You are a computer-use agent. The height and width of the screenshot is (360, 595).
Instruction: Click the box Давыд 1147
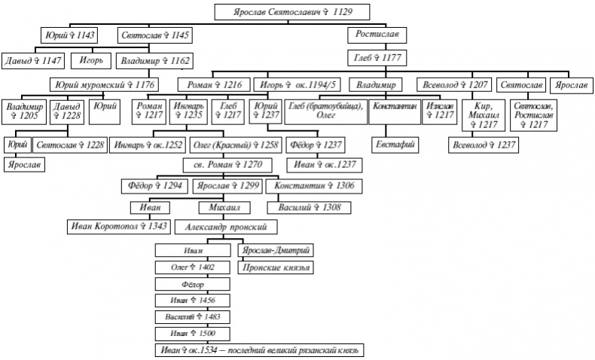(33, 59)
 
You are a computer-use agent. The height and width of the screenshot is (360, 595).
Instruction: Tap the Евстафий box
(393, 143)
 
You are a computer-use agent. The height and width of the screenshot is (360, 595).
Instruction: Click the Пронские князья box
(275, 267)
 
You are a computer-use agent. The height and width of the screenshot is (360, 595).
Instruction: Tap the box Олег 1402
(192, 267)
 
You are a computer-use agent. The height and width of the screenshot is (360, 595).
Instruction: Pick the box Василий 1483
(192, 317)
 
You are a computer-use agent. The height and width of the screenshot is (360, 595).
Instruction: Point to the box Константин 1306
(313, 185)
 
